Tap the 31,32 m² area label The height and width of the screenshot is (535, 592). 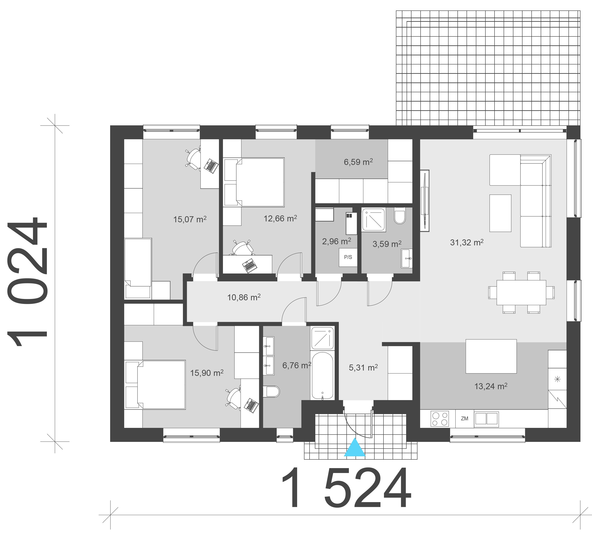pyautogui.click(x=467, y=242)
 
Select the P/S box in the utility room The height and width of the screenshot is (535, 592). pyautogui.click(x=348, y=257)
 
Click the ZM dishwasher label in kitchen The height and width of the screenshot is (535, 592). pyautogui.click(x=465, y=419)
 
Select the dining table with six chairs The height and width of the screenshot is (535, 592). pyautogui.click(x=521, y=293)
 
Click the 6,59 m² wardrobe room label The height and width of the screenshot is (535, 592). pyautogui.click(x=358, y=162)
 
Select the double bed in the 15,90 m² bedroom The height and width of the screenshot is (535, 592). pyautogui.click(x=156, y=385)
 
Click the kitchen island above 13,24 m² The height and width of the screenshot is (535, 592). pyautogui.click(x=491, y=356)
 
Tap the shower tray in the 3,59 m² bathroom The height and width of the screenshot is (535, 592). pyautogui.click(x=373, y=220)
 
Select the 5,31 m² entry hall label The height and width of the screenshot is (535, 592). pyautogui.click(x=363, y=367)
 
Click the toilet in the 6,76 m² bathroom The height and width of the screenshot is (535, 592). pyautogui.click(x=272, y=392)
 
